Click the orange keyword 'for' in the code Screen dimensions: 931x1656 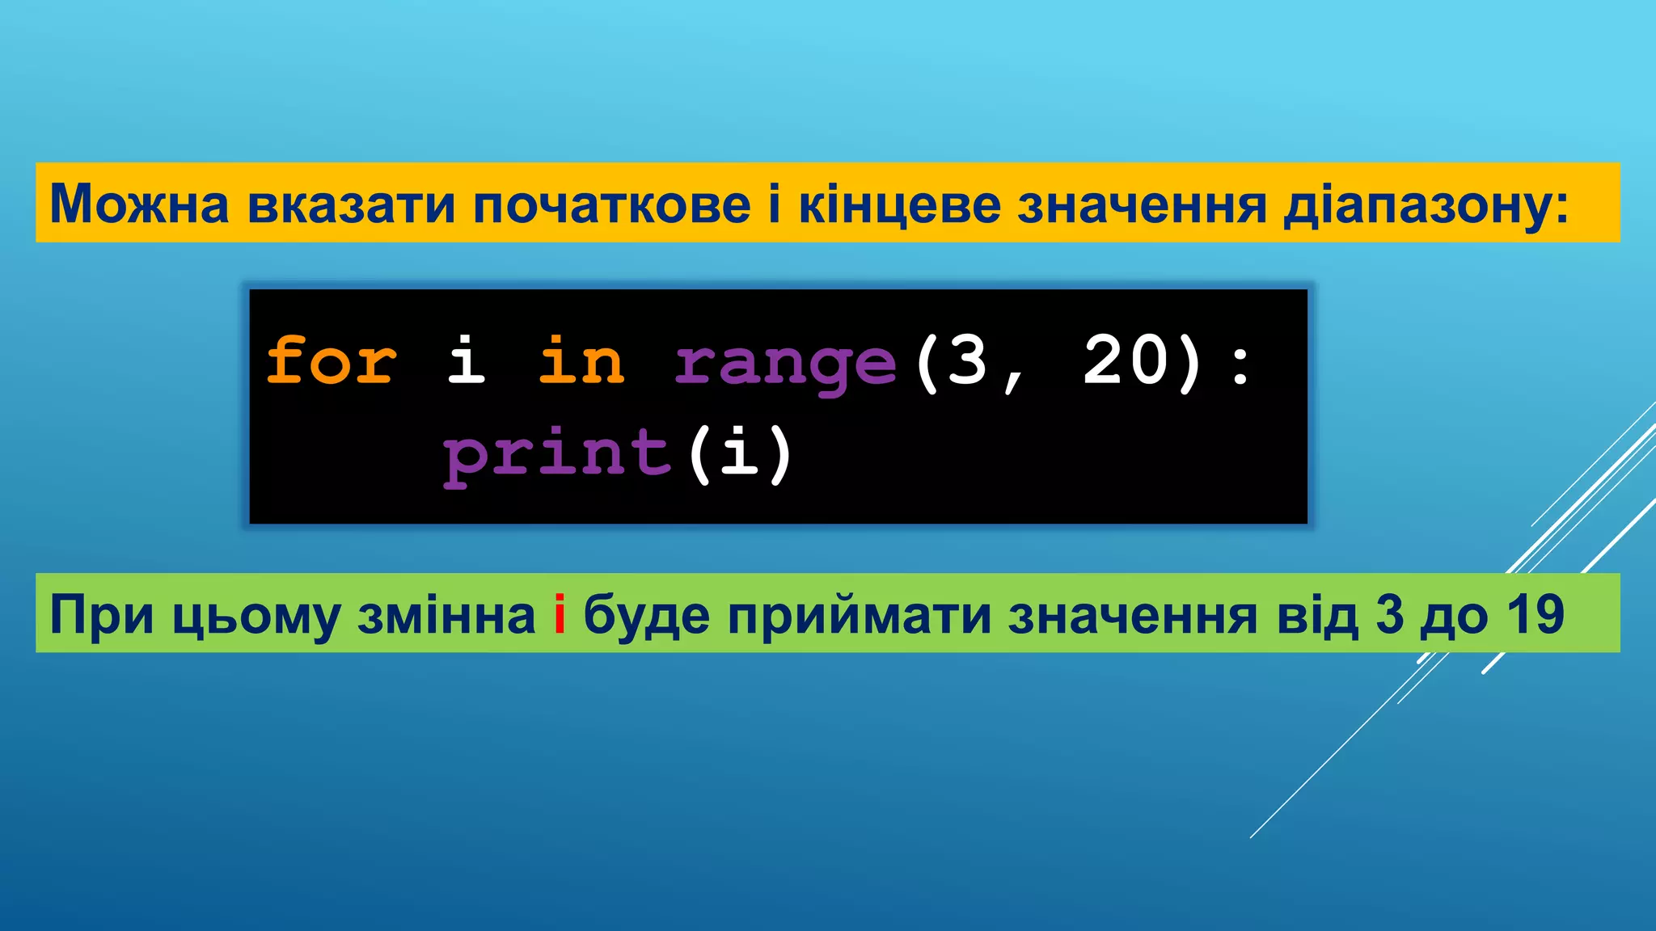coord(332,360)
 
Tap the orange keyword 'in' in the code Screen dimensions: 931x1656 coord(581,360)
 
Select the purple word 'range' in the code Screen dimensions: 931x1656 coord(785,364)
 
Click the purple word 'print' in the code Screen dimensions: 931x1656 coord(557,454)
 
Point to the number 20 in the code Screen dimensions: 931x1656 coord(1126,360)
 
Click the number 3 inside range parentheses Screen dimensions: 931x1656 coord(967,360)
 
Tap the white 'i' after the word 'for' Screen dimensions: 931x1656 coord(467,360)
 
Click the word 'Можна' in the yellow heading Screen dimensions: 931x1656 coord(140,204)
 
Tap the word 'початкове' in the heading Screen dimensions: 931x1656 coord(612,204)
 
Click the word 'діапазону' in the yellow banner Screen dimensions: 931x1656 coord(1418,205)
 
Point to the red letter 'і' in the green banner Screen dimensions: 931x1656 coord(559,615)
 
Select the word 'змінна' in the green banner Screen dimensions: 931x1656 coord(446,615)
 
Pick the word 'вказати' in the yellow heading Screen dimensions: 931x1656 coord(351,204)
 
